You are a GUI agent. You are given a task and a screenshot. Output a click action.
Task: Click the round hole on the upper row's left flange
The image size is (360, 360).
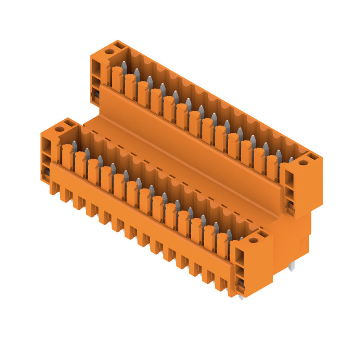[x=109, y=51]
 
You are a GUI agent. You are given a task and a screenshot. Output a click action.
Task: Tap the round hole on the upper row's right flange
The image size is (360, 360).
[x=303, y=163]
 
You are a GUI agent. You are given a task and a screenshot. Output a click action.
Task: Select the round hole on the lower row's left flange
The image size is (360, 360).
[x=59, y=129]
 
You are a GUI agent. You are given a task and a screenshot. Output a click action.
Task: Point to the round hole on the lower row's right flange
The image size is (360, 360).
[x=253, y=240]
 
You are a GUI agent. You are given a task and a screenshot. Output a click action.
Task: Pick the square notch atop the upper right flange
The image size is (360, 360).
[x=313, y=157]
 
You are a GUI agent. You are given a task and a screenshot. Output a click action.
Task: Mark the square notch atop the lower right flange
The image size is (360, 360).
[x=263, y=234]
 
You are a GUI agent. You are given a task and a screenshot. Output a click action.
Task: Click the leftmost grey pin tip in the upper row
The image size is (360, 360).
[x=124, y=66]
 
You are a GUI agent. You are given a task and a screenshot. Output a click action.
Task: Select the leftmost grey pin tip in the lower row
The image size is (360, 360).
[x=74, y=145]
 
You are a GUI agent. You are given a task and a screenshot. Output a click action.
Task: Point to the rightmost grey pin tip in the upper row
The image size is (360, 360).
[x=291, y=160]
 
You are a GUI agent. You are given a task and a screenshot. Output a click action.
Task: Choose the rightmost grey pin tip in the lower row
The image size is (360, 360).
[x=241, y=238]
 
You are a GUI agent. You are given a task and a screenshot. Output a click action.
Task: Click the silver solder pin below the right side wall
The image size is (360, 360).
[x=292, y=267]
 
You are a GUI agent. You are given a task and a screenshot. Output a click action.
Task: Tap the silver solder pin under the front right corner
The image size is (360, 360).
[x=242, y=297]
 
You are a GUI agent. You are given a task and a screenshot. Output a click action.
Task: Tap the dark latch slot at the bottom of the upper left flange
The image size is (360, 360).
[x=95, y=95]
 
